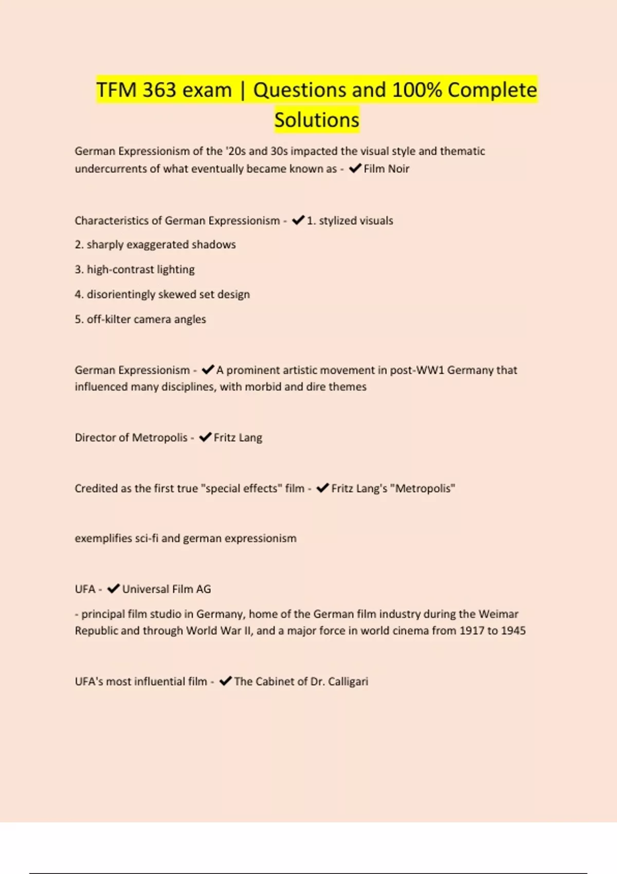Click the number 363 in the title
[x=159, y=90]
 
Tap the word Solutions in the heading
[x=317, y=120]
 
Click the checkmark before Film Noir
[x=355, y=168]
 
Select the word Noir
[x=398, y=169]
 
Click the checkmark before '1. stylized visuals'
[x=298, y=220]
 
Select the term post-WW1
[x=417, y=370]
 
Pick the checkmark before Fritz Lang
[x=205, y=437]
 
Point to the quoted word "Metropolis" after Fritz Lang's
[x=423, y=488]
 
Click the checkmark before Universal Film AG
[x=113, y=589]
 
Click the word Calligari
[x=348, y=682]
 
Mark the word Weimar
[x=498, y=614]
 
